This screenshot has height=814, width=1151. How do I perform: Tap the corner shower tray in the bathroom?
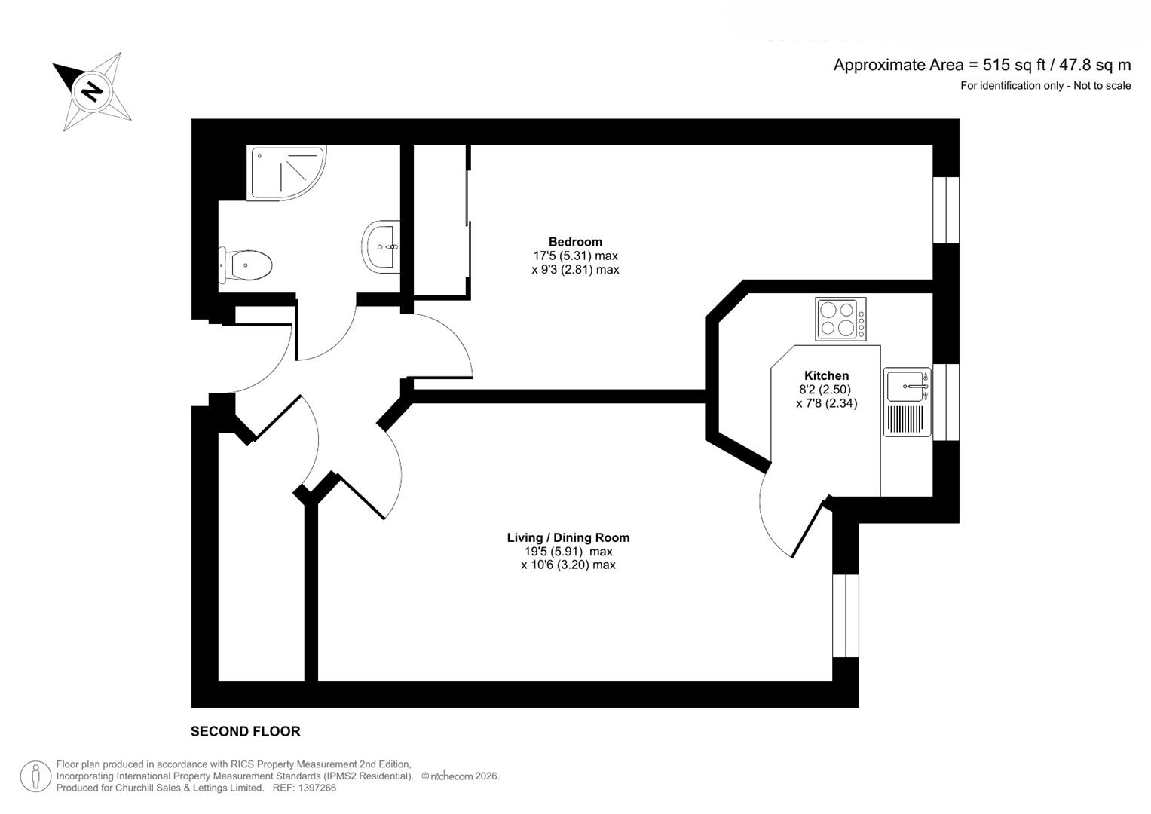click(286, 173)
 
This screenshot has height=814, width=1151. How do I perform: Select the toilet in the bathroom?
click(245, 265)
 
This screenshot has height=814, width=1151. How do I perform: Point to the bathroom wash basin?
click(381, 246)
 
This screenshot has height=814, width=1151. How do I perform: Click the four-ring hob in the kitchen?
click(840, 319)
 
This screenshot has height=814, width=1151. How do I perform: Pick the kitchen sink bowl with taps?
click(907, 385)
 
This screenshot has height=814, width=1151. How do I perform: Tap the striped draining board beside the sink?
click(907, 419)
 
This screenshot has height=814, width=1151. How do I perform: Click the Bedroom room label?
click(575, 241)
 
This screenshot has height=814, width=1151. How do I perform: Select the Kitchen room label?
click(826, 375)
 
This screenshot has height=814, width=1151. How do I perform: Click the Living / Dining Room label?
click(568, 537)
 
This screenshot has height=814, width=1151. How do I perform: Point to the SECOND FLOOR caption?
click(245, 731)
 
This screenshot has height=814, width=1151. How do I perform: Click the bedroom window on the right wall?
click(946, 210)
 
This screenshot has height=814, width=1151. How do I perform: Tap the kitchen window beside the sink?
click(946, 402)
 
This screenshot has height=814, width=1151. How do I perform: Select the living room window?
click(845, 616)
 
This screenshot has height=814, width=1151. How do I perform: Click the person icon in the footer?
click(35, 776)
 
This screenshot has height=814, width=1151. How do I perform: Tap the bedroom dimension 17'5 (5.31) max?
click(575, 256)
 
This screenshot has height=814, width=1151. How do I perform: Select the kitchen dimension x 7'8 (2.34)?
click(826, 403)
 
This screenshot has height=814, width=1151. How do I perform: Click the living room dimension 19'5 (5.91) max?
click(568, 552)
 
